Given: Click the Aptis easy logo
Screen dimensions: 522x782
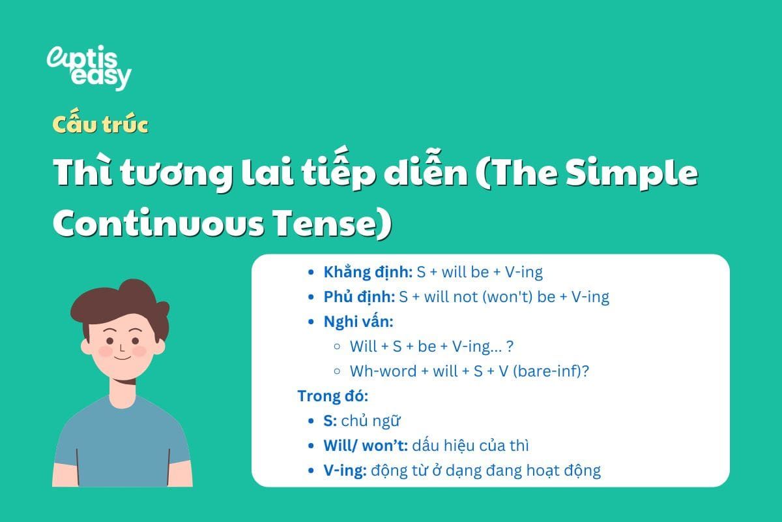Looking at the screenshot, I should tap(89, 67).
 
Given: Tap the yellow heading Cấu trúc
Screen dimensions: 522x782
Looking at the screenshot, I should tap(100, 125).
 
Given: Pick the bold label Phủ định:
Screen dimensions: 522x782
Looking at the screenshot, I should tap(359, 297).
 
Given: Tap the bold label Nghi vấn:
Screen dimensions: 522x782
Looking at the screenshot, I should tap(358, 322).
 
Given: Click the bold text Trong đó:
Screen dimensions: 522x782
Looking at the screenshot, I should tap(332, 396).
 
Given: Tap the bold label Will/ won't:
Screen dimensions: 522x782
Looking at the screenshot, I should tap(366, 446).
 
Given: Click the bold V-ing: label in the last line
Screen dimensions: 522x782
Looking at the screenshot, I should tap(345, 470).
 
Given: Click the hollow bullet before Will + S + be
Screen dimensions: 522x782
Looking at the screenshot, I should tap(337, 346).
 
